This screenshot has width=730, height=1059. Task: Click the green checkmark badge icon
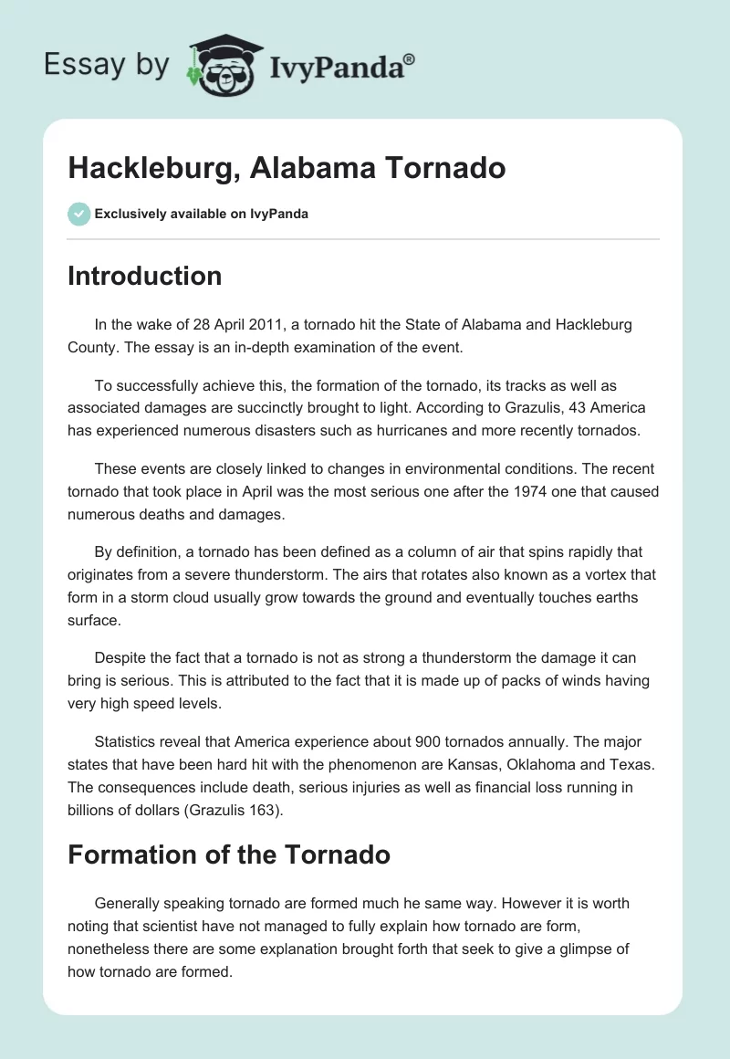(78, 214)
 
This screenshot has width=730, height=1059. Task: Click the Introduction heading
(144, 276)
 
